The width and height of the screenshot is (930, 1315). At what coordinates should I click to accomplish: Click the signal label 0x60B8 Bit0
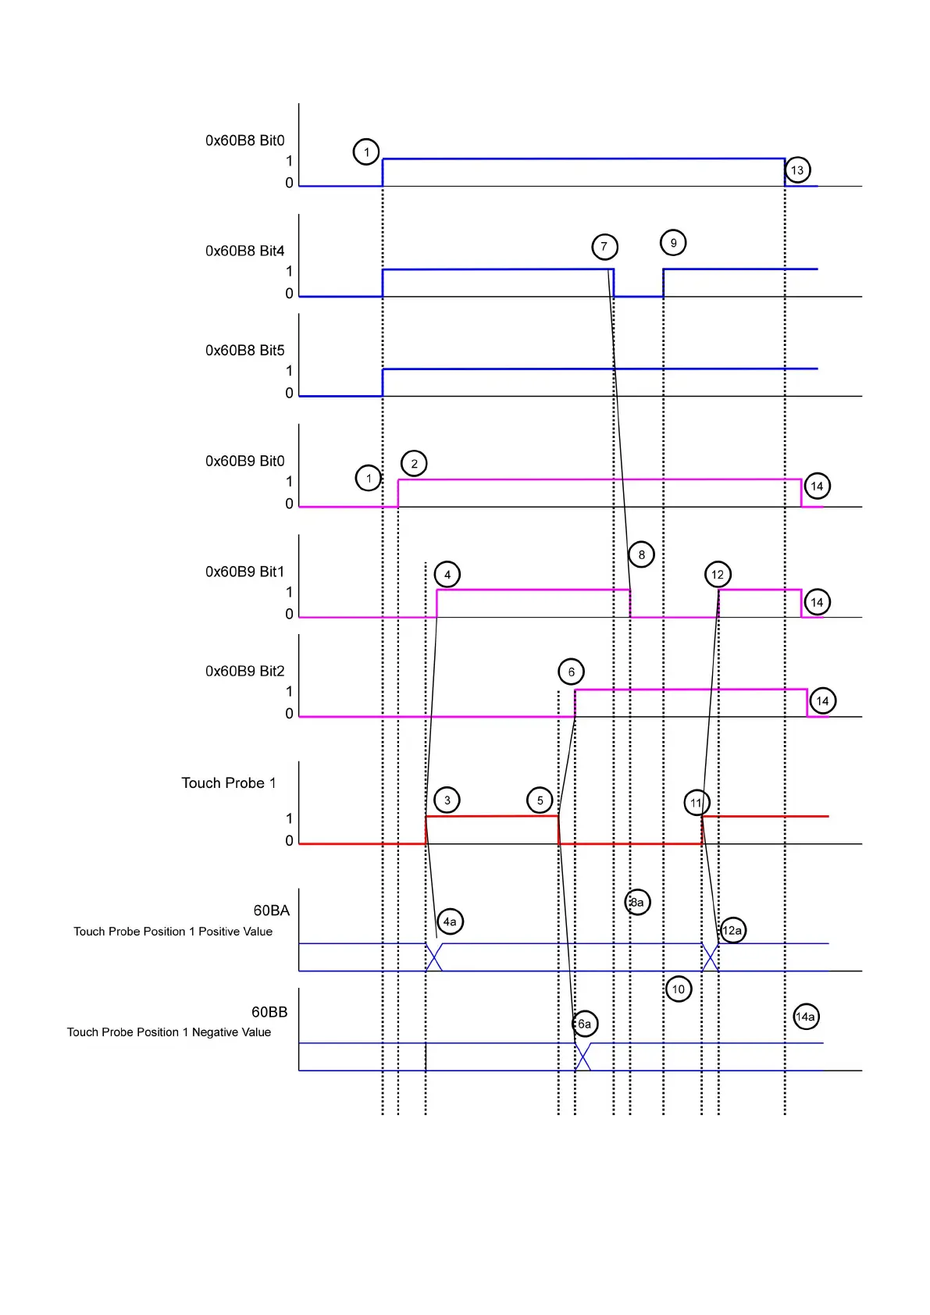pos(244,141)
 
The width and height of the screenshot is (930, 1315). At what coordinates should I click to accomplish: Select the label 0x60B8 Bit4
pos(244,251)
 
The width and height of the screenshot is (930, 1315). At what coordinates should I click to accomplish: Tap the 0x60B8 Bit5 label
pos(244,351)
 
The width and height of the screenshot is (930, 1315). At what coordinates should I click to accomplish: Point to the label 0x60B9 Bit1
pos(244,572)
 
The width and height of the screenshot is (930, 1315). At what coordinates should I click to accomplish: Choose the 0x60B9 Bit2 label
pos(244,671)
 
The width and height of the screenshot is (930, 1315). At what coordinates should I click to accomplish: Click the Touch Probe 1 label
pos(229,783)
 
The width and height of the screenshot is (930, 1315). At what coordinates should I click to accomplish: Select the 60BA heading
pos(271,911)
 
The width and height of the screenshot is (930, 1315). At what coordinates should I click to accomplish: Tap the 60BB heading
pos(269,1012)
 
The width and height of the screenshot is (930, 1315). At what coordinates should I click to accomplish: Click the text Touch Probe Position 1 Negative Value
pos(169,1032)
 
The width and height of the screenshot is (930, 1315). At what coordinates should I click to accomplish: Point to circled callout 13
pos(797,170)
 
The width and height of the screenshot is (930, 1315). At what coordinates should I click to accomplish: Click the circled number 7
pos(604,247)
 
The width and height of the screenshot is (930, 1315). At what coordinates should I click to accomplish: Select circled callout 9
pos(673,243)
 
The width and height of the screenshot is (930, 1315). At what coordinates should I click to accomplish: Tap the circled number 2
pos(414,464)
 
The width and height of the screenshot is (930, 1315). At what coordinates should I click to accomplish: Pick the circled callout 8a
pos(637,903)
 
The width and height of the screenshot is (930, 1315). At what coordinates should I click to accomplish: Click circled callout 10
pos(679,989)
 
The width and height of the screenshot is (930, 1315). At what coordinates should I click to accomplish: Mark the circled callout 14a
pos(805,1017)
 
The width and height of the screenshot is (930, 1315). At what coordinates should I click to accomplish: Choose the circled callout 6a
pos(584,1024)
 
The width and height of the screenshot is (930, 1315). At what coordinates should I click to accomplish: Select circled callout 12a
pos(732,930)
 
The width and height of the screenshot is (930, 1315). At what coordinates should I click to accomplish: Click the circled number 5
pos(540,800)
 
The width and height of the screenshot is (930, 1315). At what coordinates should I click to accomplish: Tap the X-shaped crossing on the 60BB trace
pos(583,1057)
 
